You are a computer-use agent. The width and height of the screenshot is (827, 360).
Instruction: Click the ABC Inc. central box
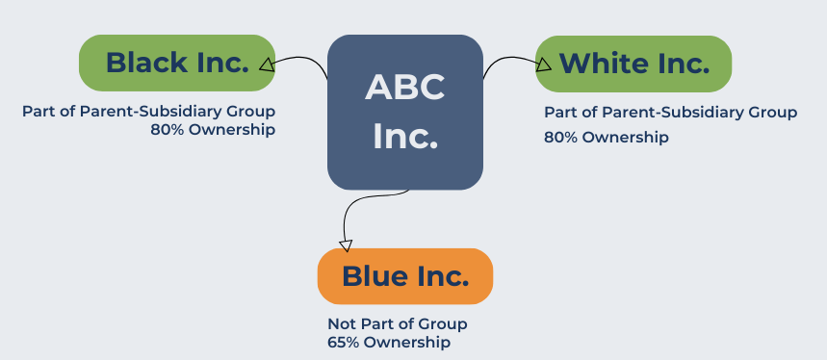click(x=404, y=112)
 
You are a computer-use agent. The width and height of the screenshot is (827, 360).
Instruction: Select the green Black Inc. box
click(x=176, y=64)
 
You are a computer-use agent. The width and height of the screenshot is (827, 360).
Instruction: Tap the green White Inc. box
click(x=633, y=64)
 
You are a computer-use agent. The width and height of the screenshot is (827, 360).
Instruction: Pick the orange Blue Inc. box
click(x=404, y=276)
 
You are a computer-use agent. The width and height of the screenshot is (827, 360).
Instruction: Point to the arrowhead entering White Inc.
click(x=544, y=64)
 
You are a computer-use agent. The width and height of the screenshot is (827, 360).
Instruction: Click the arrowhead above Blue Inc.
click(x=345, y=245)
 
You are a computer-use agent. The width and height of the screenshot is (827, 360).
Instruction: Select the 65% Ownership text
click(x=389, y=342)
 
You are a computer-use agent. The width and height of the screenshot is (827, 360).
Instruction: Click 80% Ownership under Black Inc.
click(x=213, y=130)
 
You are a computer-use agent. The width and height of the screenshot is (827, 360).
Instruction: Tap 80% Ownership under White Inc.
click(x=607, y=137)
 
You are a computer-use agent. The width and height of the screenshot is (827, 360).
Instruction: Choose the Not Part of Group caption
click(x=397, y=324)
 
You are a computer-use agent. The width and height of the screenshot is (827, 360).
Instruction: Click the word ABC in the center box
click(x=404, y=89)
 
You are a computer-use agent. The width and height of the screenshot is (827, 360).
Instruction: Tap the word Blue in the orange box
click(x=375, y=276)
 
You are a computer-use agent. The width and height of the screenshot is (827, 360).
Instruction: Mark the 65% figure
click(x=344, y=342)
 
